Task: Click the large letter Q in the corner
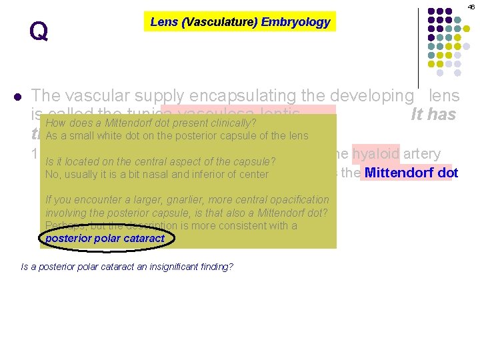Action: [x=39, y=31]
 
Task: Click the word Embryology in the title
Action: [x=295, y=22]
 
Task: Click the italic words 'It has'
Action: [x=433, y=115]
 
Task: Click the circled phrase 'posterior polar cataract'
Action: [x=105, y=238]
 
